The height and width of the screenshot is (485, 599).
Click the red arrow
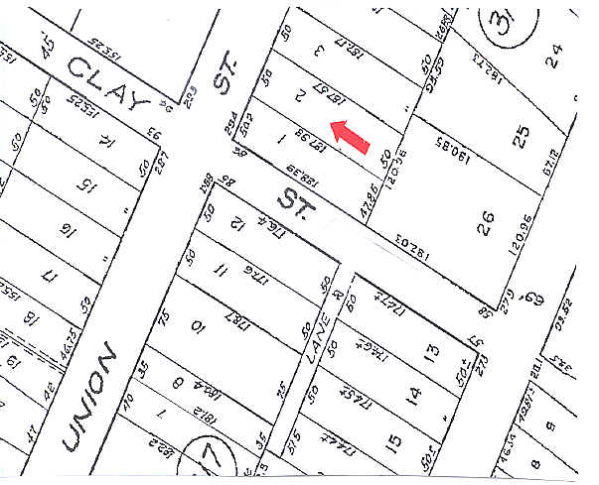coord(350,135)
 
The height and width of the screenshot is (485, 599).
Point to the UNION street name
coord(90,398)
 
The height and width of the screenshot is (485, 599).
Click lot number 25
coord(521,137)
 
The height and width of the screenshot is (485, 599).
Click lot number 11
coord(223,271)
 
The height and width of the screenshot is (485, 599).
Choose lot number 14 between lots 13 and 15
coord(413,394)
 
